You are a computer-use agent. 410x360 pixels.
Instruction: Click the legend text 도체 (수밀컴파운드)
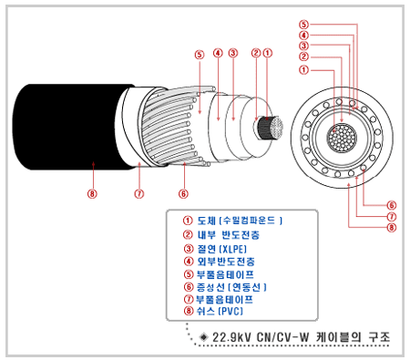(x=240, y=221)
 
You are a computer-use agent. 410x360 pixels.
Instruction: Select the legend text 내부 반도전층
(x=229, y=235)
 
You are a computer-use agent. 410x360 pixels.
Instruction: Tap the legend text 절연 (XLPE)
(x=222, y=249)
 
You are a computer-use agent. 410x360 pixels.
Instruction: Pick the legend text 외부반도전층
(x=226, y=262)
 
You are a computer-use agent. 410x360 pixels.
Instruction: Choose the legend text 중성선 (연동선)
(x=231, y=287)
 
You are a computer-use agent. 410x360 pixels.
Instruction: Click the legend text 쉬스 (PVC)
(x=220, y=311)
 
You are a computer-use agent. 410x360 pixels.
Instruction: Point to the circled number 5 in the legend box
(x=189, y=274)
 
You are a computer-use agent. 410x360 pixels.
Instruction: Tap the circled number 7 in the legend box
(x=189, y=299)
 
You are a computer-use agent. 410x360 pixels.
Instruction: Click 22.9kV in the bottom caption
(x=231, y=337)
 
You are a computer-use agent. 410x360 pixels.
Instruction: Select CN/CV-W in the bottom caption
(x=283, y=337)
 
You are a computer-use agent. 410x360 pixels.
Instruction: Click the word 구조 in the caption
(x=379, y=337)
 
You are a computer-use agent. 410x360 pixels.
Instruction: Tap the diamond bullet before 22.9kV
(x=203, y=337)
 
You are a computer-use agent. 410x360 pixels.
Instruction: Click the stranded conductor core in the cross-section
(x=342, y=138)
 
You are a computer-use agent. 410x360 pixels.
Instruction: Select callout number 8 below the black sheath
(x=92, y=193)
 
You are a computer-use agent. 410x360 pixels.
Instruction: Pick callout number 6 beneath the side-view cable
(x=183, y=193)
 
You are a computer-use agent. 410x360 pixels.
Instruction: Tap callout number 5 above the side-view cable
(x=200, y=55)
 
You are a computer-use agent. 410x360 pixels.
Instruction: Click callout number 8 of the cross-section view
(x=392, y=227)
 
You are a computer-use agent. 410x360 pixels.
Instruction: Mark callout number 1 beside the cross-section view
(x=303, y=70)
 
